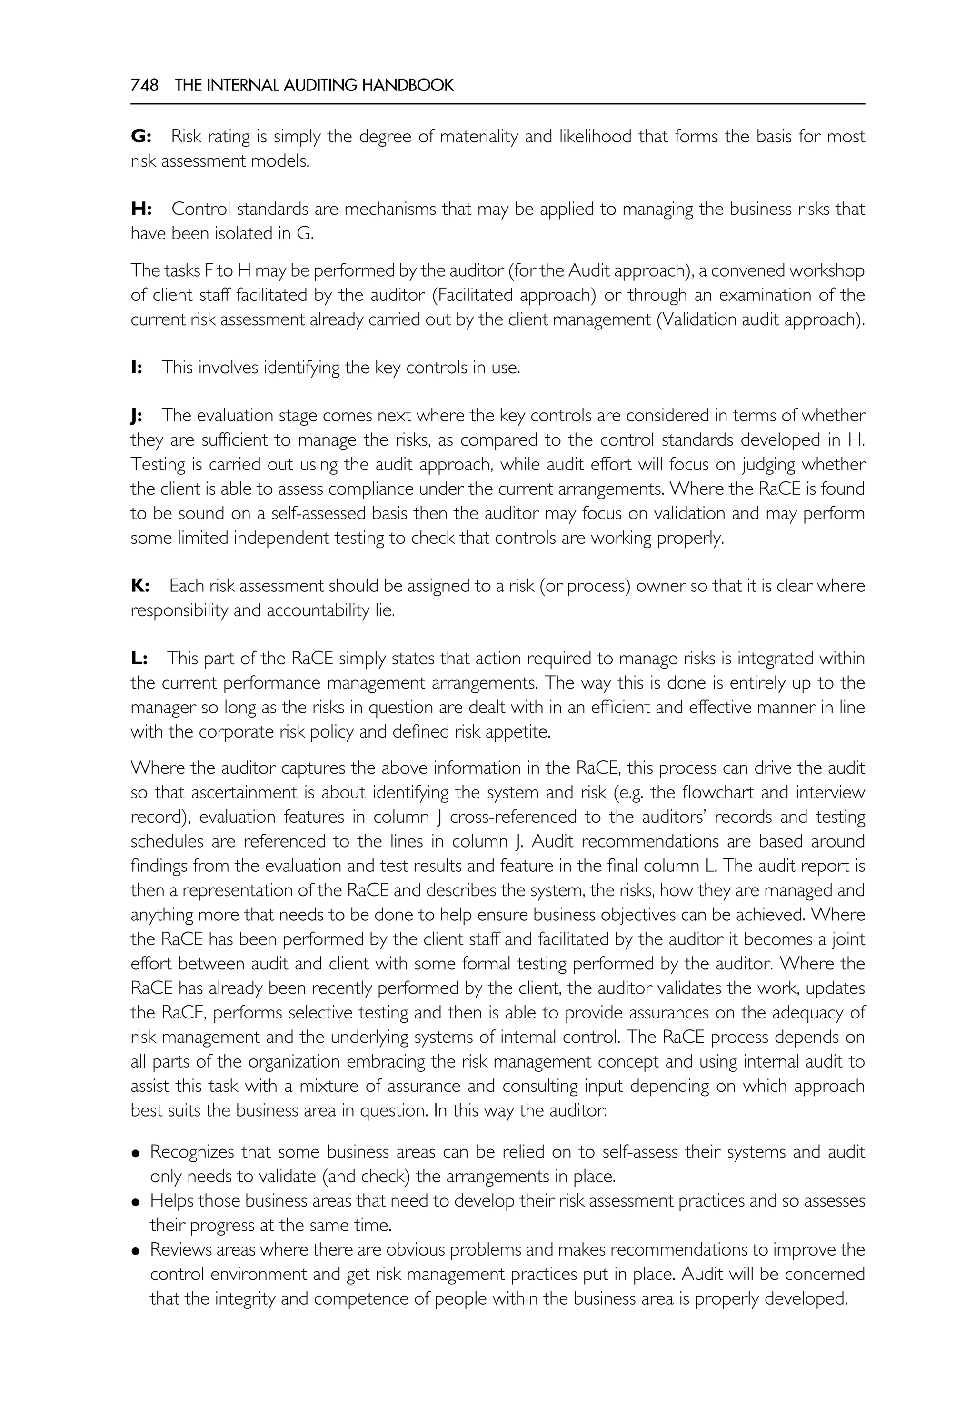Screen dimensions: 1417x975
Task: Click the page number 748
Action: click(144, 86)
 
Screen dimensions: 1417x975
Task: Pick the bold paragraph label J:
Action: click(136, 416)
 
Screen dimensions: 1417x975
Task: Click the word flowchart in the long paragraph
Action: click(718, 792)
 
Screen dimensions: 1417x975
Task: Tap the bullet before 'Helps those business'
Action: click(136, 1202)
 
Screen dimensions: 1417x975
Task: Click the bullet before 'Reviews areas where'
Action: click(136, 1251)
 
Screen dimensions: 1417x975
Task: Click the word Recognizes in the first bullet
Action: click(191, 1152)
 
